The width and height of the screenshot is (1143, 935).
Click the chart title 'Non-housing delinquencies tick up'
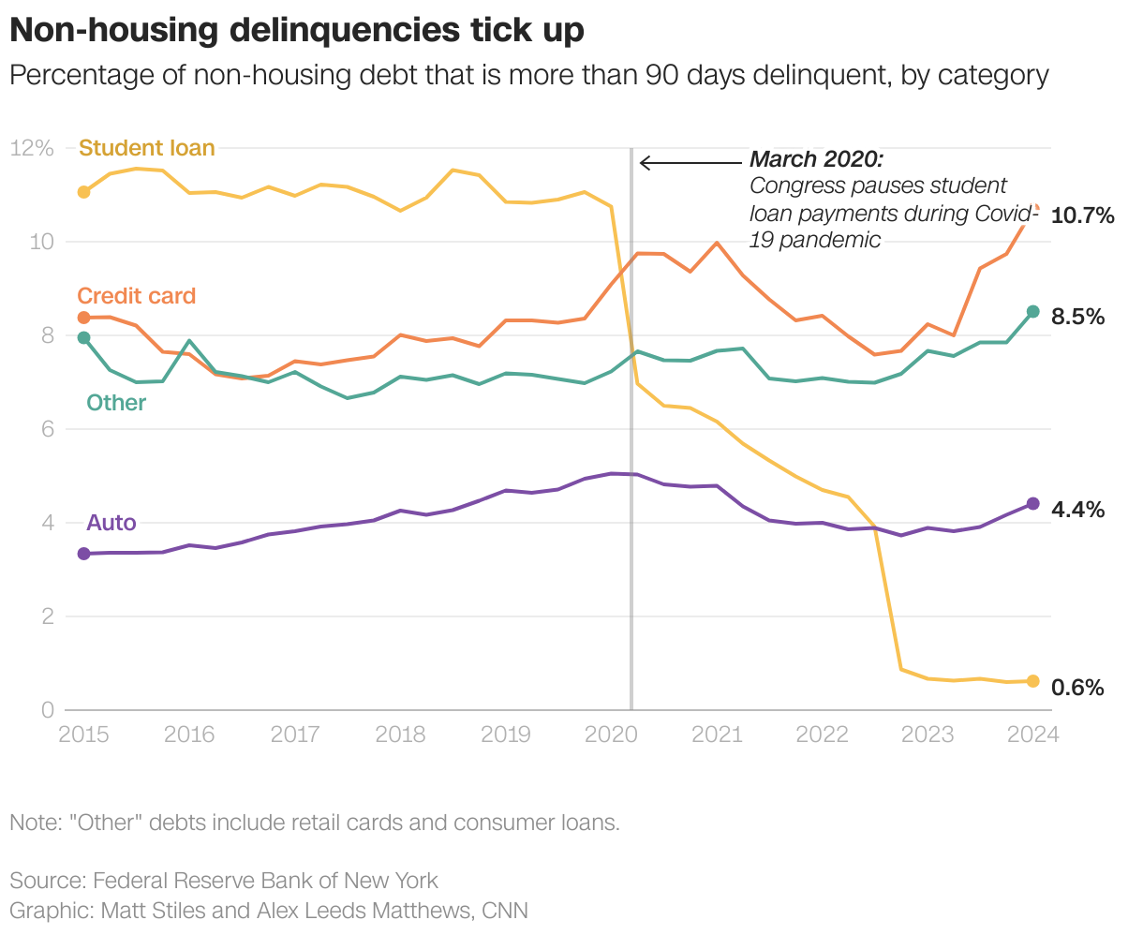[x=297, y=30]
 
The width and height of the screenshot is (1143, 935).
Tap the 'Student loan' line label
[x=147, y=148]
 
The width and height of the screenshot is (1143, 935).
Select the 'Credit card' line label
[x=137, y=296]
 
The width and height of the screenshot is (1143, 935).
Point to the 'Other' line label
[x=116, y=403]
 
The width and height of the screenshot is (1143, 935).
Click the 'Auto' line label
[x=111, y=523]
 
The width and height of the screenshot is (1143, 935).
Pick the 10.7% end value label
[x=1083, y=216]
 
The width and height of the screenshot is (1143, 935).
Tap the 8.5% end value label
[x=1078, y=318]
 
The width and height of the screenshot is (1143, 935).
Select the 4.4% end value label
[x=1078, y=510]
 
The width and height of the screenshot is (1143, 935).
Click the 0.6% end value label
[x=1078, y=688]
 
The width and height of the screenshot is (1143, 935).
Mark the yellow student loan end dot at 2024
[x=1033, y=681]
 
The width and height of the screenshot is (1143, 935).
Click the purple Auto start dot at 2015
[x=83, y=554]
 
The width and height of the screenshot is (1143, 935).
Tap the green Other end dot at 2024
[x=1033, y=312]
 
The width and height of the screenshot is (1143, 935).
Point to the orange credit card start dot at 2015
[x=83, y=318]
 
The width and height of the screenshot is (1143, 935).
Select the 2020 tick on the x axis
[x=611, y=734]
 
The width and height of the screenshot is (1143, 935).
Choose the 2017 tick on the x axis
[x=295, y=734]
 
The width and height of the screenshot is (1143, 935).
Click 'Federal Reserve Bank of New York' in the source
[x=265, y=881]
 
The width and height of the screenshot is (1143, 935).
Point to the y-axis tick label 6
[x=46, y=429]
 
